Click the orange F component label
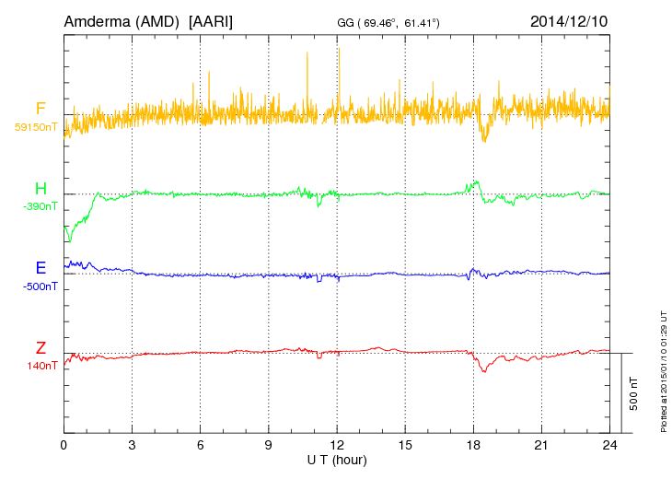[x=41, y=110]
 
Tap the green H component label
[x=41, y=190]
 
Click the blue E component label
[x=41, y=269]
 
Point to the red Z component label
[x=41, y=348]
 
